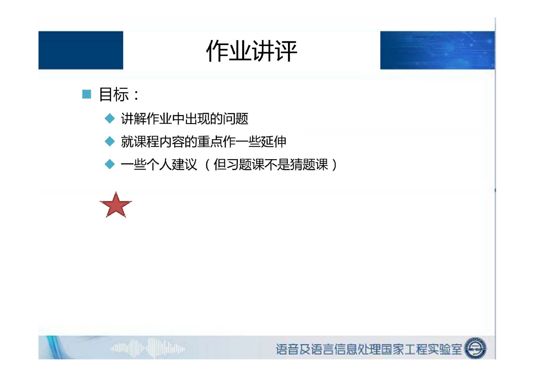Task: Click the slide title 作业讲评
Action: [251, 51]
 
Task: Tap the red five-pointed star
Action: [116, 205]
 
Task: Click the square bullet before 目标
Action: [86, 94]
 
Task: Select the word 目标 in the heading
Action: [114, 94]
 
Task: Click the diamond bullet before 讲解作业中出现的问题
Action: [110, 118]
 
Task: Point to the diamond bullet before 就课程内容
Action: [110, 141]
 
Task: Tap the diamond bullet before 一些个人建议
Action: [110, 164]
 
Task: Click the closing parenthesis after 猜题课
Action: [335, 164]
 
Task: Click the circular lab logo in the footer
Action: [475, 348]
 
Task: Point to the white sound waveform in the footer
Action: [148, 348]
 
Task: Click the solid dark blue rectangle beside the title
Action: [81, 50]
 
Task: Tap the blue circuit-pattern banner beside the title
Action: [437, 50]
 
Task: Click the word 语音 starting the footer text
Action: [287, 349]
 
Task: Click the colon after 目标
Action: [136, 95]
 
